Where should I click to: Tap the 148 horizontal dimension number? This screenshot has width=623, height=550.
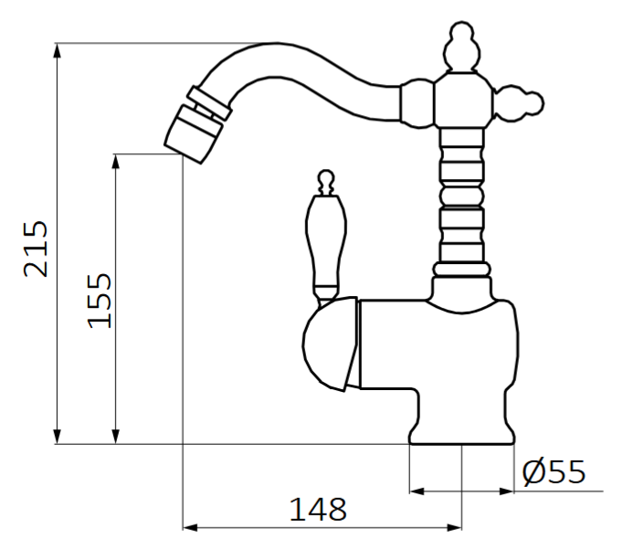tap(318, 508)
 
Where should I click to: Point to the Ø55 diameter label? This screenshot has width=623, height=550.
tap(553, 471)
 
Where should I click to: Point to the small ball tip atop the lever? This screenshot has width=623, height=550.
tap(325, 175)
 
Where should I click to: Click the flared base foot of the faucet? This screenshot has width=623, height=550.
tap(462, 430)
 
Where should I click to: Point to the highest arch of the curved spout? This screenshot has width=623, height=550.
tap(274, 51)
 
